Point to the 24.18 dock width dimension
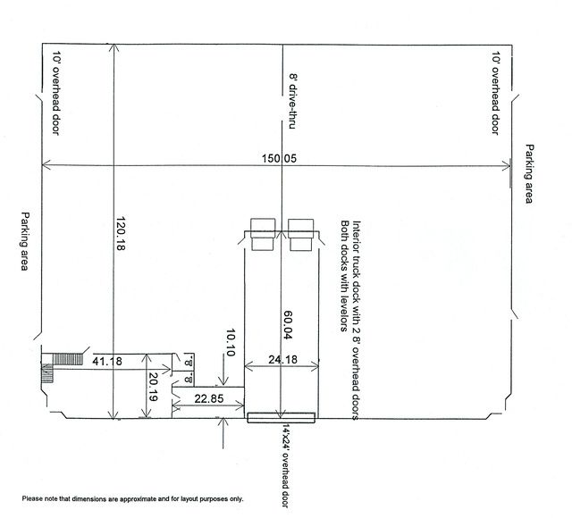tap(282, 361)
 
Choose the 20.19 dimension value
tap(155, 385)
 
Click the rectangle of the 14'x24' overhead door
tap(281, 415)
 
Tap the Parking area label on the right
tap(529, 174)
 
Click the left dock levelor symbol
tap(264, 234)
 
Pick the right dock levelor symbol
tap(300, 234)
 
